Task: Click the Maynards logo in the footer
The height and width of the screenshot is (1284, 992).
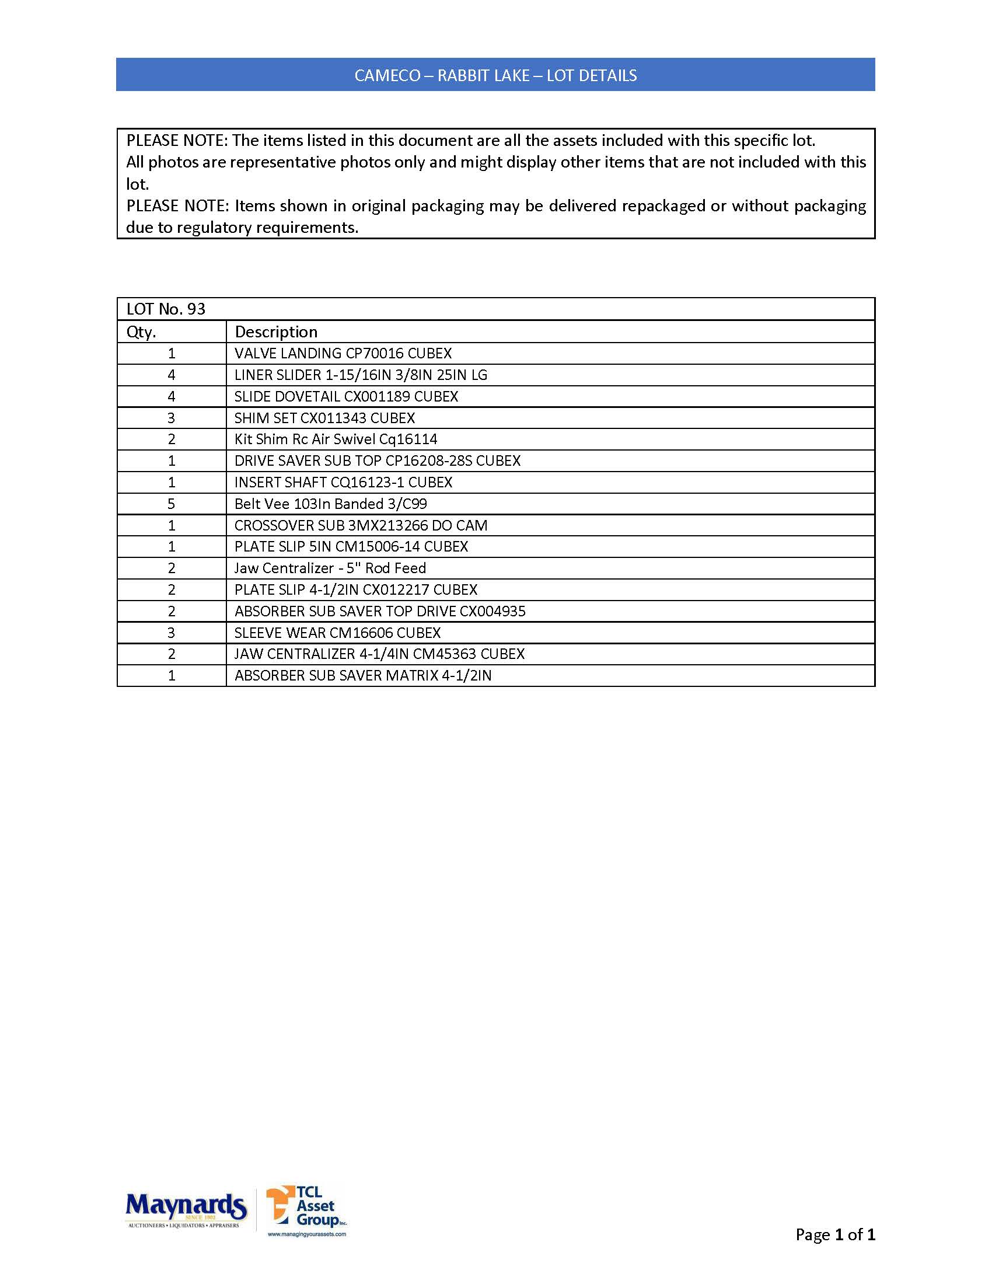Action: point(186,1209)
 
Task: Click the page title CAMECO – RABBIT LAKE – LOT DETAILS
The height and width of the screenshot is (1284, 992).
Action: point(495,75)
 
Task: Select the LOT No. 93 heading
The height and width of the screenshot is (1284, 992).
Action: point(166,309)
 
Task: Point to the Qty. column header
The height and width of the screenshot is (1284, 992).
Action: point(141,332)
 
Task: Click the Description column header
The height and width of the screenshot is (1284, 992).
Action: point(275,332)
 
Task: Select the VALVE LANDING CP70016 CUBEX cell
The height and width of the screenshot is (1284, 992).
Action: point(343,353)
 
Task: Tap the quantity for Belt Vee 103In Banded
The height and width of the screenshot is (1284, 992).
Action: point(172,504)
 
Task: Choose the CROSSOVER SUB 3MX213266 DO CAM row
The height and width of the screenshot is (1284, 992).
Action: point(360,526)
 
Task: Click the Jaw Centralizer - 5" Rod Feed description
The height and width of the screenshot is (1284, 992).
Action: point(330,568)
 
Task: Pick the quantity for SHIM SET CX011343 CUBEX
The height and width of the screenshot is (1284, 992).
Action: point(172,418)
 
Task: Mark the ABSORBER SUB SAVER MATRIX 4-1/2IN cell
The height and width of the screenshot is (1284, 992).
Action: point(362,675)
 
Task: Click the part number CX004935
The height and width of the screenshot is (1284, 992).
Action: point(492,612)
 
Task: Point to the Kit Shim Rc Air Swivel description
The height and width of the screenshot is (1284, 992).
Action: point(336,439)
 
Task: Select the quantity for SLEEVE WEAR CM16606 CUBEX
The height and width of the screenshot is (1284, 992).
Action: point(172,633)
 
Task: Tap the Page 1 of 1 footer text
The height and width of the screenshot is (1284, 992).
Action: point(834,1234)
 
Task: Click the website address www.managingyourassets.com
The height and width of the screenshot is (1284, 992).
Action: point(307,1234)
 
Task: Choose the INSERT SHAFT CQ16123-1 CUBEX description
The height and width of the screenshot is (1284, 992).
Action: point(343,483)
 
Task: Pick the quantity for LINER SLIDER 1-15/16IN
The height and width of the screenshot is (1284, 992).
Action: point(172,375)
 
